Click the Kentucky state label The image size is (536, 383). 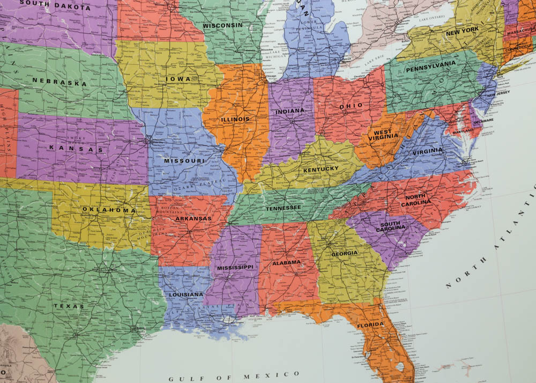tap(321, 170)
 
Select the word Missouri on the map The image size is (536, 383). tap(184, 161)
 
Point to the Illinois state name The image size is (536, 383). tap(235, 119)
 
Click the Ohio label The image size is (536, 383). tap(351, 106)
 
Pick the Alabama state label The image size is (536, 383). tap(286, 263)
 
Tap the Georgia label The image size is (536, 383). tap(344, 253)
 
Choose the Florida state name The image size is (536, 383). tap(370, 325)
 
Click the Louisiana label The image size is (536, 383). tap(186, 294)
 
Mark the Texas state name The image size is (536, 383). tap(68, 306)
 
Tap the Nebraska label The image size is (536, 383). tap(59, 82)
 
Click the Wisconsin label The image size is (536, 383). tap(222, 25)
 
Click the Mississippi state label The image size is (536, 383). tap(235, 267)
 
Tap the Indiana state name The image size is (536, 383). tap(289, 111)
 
